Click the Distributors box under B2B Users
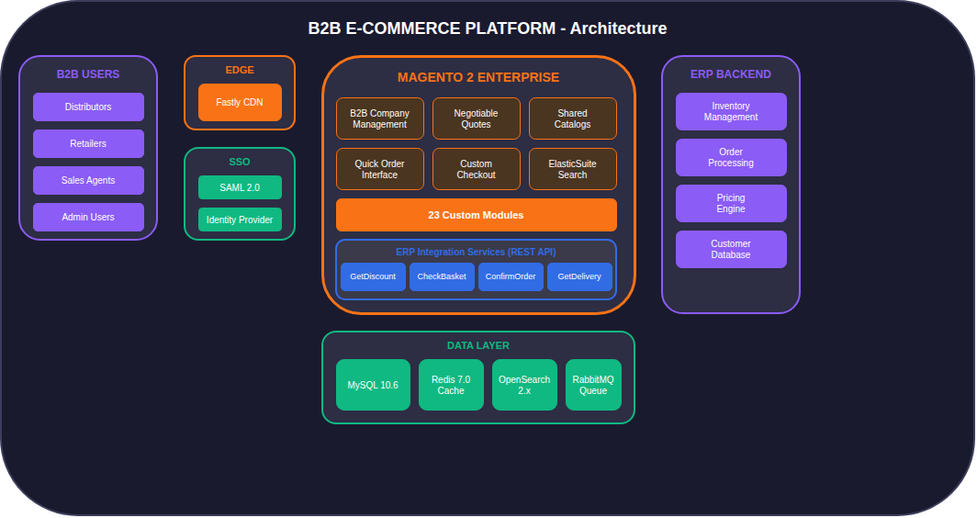[x=88, y=107]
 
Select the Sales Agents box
[x=88, y=180]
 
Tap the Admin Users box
[x=88, y=217]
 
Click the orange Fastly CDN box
[x=240, y=102]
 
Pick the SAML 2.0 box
[x=240, y=187]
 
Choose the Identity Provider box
[x=240, y=220]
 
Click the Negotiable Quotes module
[x=476, y=118]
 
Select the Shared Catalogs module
[x=572, y=118]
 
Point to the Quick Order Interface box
[x=379, y=169]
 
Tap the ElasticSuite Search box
[x=572, y=169]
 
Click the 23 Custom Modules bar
[x=476, y=215]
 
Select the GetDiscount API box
[x=373, y=276]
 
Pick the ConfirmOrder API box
[x=511, y=276]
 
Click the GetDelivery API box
[x=579, y=276]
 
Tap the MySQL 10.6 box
[x=373, y=385]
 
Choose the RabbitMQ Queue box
[x=593, y=385]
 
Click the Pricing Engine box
[x=731, y=203]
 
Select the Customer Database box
[x=731, y=249]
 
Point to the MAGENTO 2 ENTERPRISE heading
[x=477, y=77]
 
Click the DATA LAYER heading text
[x=477, y=345]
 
